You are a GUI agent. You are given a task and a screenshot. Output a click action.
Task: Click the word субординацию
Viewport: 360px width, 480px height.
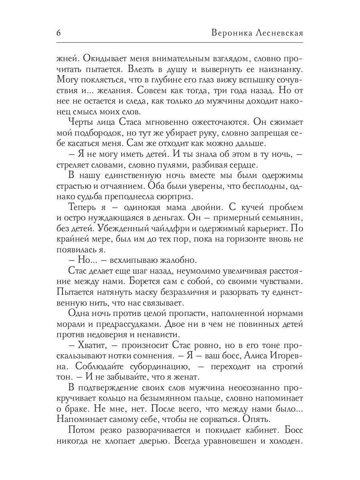point(155,366)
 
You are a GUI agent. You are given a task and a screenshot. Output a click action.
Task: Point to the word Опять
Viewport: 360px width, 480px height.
point(254,419)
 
